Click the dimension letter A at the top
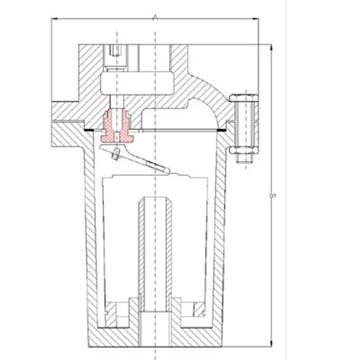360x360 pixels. (x=155, y=17)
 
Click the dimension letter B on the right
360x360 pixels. (x=273, y=195)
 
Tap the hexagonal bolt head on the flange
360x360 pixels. (x=244, y=98)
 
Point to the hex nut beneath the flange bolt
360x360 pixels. (x=244, y=150)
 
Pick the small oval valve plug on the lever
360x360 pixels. (x=115, y=154)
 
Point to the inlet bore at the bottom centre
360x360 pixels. (x=155, y=330)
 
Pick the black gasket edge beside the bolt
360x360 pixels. (x=222, y=129)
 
